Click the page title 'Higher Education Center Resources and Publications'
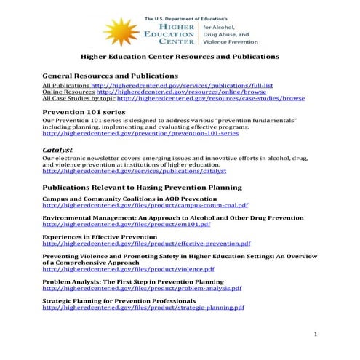pos(179,56)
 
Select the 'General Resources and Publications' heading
pos(110,76)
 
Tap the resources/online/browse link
pos(168,92)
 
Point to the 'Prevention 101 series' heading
pos(84,112)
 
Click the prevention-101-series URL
pos(140,134)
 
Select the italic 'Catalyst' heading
pos(57,149)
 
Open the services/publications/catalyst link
pos(135,171)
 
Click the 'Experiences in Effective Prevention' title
pos(100,237)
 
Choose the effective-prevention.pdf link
pos(146,244)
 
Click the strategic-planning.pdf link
pos(143,308)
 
